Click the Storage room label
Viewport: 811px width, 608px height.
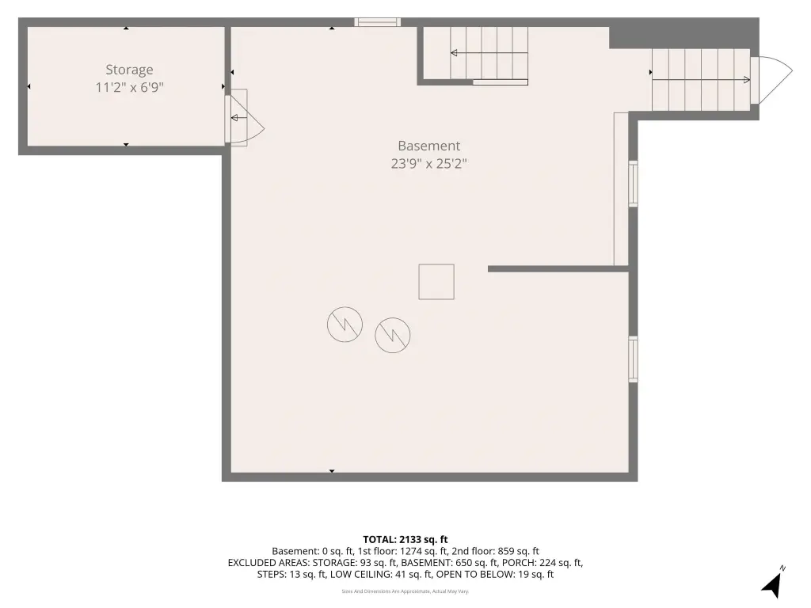coord(129,70)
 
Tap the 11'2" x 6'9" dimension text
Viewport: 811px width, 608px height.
coord(129,87)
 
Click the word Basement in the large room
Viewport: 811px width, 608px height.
coord(428,146)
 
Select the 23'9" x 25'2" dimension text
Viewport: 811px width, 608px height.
coord(428,164)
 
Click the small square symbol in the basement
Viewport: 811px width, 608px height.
coord(436,282)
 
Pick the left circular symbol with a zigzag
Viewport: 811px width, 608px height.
coord(345,324)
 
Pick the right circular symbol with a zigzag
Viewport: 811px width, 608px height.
coord(393,335)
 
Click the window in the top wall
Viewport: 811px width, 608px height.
coord(378,21)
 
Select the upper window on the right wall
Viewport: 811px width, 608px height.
coord(633,184)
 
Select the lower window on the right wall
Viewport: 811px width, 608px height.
coord(633,359)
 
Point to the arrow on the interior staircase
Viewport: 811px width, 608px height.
coord(489,53)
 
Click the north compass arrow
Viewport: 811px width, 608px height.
coord(772,585)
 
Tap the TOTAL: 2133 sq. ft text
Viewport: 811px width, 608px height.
coord(405,540)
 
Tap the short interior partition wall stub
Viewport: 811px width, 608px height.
coord(558,269)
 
